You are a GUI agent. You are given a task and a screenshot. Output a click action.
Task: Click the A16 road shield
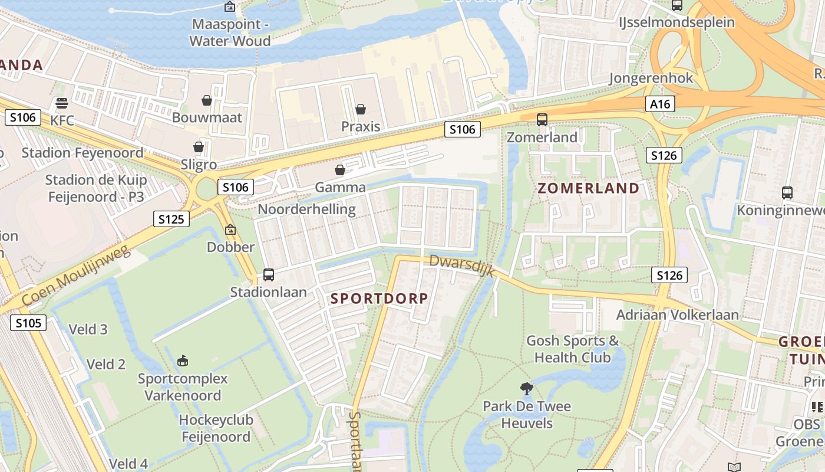(660, 104)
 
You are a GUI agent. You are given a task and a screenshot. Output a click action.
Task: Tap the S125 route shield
(171, 219)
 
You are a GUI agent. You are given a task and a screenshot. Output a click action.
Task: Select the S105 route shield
(28, 323)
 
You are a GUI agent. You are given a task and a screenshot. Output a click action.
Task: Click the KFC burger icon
(62, 104)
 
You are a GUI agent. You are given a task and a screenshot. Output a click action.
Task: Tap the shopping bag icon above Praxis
(361, 109)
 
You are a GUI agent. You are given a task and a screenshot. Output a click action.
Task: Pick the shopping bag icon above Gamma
(340, 171)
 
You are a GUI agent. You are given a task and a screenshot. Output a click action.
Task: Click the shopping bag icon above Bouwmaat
(207, 100)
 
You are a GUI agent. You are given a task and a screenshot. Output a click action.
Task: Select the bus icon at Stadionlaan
(269, 274)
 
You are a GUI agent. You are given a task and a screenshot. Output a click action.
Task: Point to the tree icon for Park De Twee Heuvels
(527, 388)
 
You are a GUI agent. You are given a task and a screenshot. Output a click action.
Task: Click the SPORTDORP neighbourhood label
(379, 299)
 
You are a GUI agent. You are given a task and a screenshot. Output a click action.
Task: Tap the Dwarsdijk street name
(461, 269)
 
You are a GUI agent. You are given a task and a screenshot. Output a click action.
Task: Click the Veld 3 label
(88, 329)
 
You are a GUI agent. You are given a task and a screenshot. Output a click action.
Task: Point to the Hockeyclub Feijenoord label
(216, 428)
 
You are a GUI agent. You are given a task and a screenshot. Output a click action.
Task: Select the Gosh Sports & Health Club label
(572, 349)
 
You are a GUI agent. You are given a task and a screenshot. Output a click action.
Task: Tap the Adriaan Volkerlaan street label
(677, 314)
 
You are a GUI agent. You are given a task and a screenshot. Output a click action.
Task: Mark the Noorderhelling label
(306, 209)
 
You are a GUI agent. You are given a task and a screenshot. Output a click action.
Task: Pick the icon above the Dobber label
(230, 230)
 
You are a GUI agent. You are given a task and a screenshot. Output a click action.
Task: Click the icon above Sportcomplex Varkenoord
(183, 360)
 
